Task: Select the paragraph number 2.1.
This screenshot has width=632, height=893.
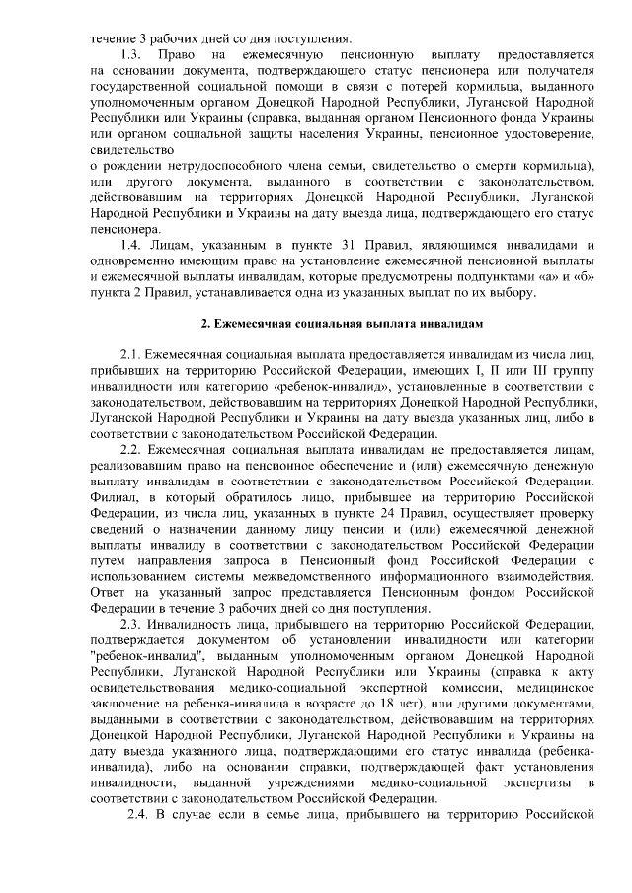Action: pos(130,354)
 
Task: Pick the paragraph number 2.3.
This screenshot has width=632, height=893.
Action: pos(130,626)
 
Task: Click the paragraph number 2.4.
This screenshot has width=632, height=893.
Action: pos(137,815)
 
